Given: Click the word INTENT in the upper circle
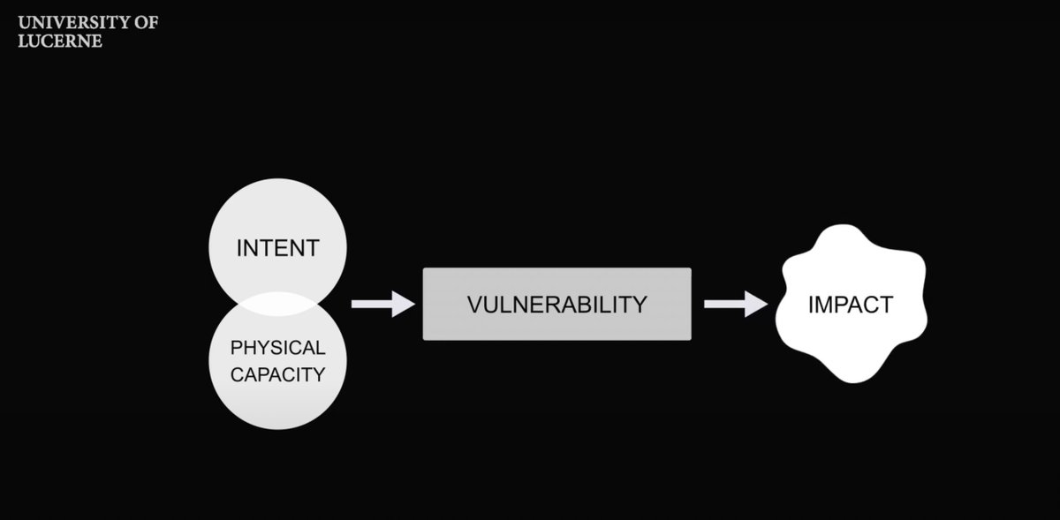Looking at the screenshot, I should click(x=277, y=248).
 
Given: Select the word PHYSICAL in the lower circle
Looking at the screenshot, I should click(x=277, y=348).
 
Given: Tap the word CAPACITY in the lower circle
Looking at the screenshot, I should click(x=277, y=374).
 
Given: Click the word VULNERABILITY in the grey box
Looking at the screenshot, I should click(x=556, y=305).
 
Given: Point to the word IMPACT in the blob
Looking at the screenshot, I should click(x=851, y=305).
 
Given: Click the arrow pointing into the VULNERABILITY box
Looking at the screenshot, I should click(x=382, y=304).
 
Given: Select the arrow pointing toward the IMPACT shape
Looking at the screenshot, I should click(x=735, y=304).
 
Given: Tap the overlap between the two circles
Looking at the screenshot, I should click(x=277, y=304).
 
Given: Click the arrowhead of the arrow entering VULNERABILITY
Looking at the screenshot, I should click(x=404, y=304).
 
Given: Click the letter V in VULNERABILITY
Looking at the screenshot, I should click(x=473, y=305).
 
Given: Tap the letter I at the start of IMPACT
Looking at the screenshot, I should click(x=811, y=305).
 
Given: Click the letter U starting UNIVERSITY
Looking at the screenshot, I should click(x=24, y=22).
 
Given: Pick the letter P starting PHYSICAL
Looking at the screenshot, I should click(x=235, y=348).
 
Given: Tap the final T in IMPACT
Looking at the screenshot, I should click(x=887, y=305).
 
